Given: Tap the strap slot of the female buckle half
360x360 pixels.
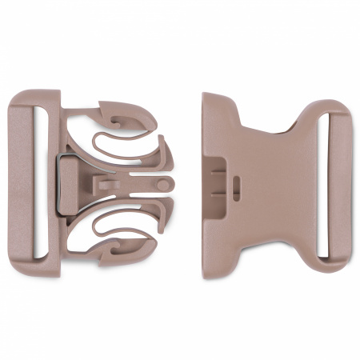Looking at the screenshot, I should coord(326,184).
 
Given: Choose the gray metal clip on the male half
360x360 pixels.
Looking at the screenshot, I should coord(67,184).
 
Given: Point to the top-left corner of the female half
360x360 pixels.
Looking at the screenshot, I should coord(206,96).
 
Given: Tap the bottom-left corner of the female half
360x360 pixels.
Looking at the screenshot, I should coord(206,274).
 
